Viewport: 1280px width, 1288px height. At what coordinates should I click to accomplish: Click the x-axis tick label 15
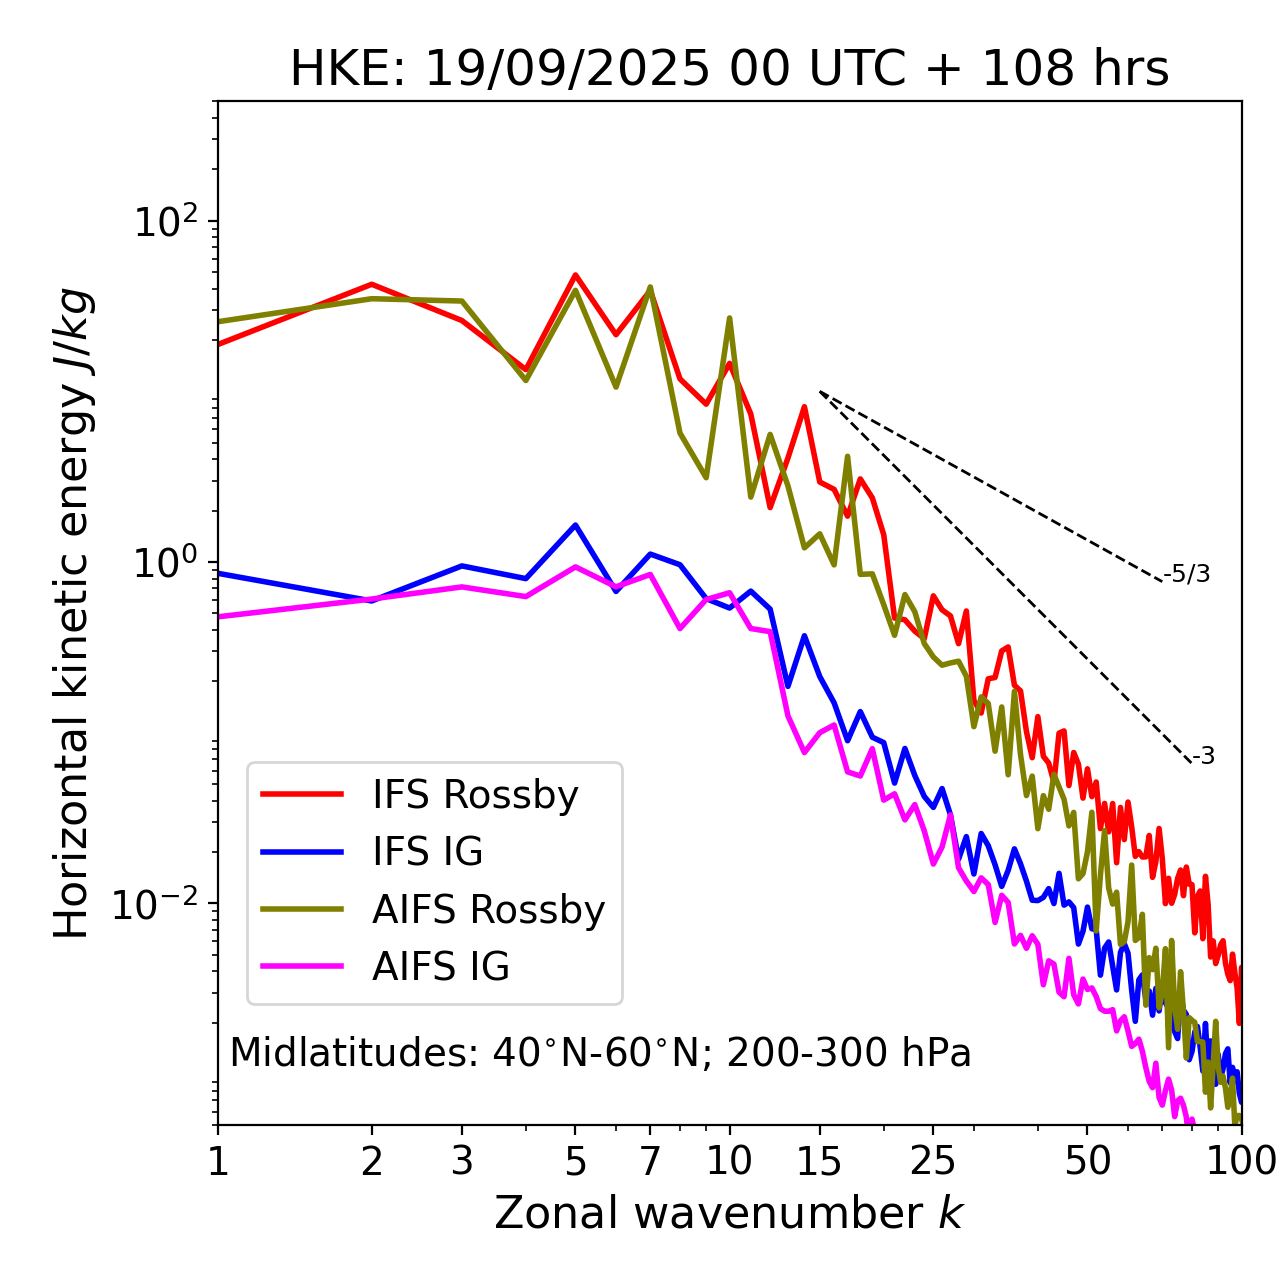819,1161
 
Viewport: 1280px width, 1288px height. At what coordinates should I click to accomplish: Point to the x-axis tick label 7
650,1161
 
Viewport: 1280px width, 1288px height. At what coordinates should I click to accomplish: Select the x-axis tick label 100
1241,1161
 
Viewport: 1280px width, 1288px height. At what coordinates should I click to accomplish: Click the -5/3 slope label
1188,574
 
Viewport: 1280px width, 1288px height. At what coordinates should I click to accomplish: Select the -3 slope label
1203,757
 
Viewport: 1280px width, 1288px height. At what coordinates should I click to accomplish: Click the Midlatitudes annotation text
600,1053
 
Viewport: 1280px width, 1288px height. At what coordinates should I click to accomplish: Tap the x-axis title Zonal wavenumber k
729,1213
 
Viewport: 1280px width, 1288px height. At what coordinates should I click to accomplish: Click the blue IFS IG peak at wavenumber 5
575,525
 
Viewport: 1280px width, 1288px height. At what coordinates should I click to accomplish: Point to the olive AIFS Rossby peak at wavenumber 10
729,318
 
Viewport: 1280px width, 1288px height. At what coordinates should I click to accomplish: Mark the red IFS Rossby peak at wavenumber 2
372,284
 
